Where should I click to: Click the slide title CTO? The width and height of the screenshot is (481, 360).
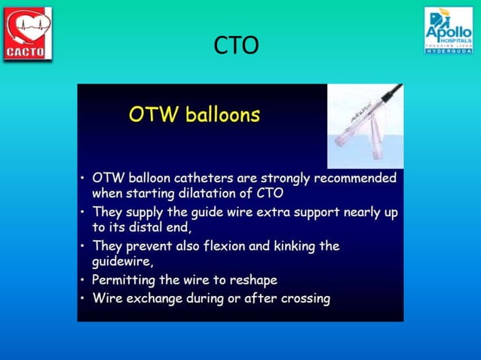236,46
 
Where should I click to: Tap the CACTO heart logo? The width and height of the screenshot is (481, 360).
28,34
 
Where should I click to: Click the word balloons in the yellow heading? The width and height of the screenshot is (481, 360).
223,115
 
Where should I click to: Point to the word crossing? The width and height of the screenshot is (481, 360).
305,298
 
